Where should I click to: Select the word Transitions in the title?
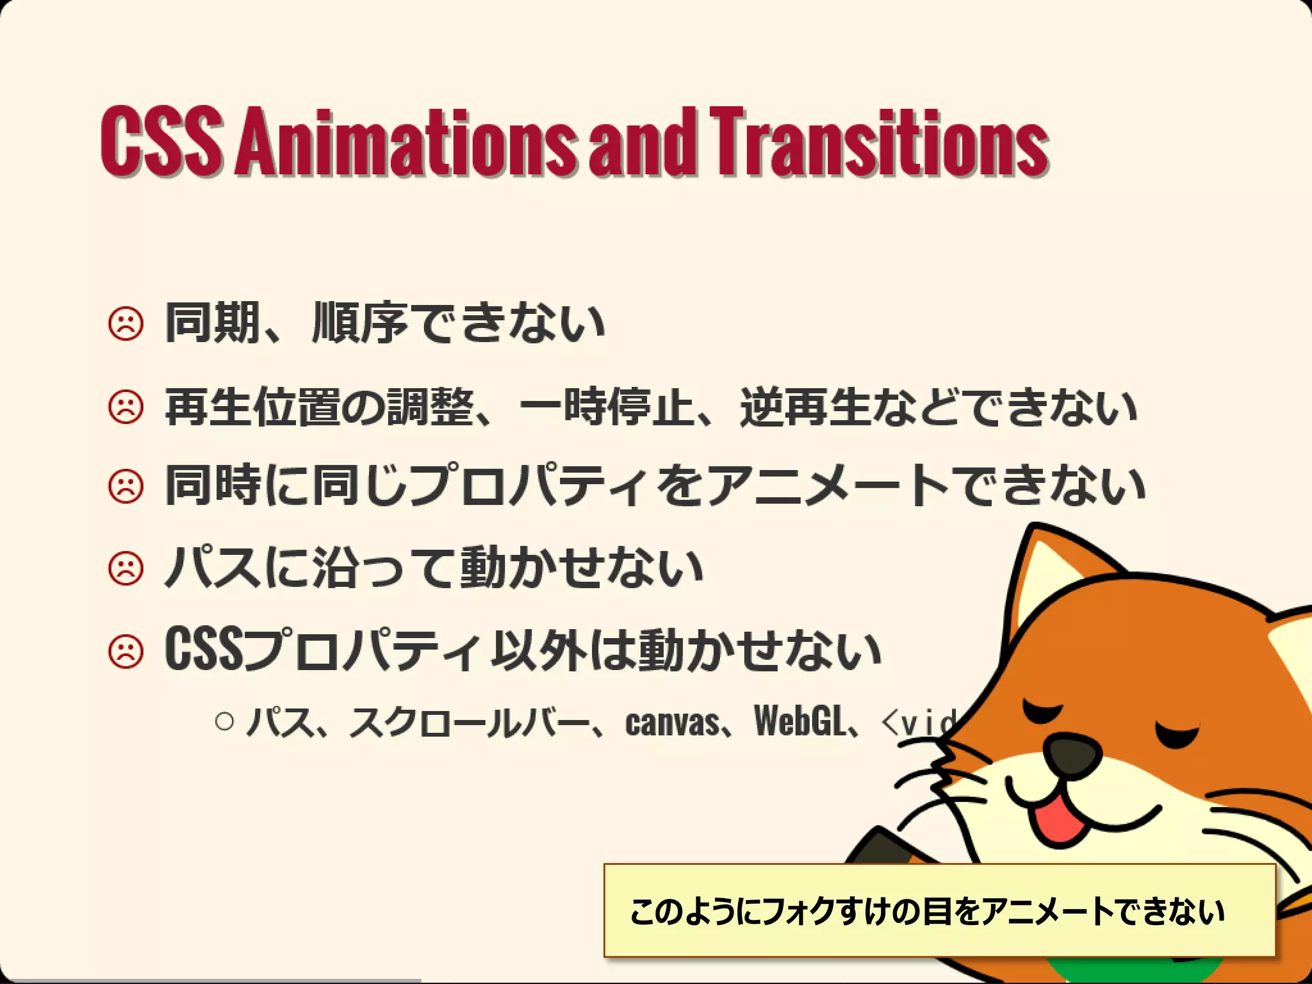[879, 142]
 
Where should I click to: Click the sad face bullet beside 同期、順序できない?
[126, 324]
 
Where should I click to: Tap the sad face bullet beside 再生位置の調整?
[126, 407]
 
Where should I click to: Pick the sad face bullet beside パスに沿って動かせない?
[126, 568]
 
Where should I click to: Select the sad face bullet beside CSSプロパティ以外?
[126, 652]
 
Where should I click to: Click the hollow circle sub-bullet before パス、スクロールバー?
[225, 722]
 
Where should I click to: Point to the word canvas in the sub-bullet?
[672, 723]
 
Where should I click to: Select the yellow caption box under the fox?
[939, 910]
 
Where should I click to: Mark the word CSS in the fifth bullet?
[204, 650]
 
